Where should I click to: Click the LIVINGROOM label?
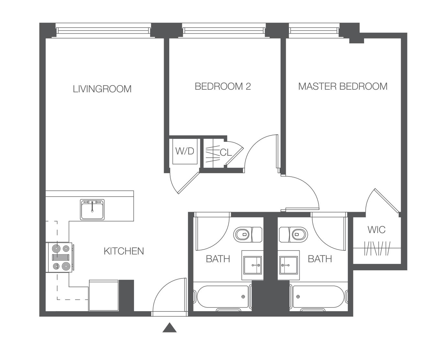[102, 89]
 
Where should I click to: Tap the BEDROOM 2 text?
[223, 86]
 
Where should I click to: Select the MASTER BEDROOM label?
[343, 86]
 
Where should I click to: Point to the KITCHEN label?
[124, 251]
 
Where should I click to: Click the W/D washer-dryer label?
[185, 151]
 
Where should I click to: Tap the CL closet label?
[226, 152]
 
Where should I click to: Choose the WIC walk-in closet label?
[376, 230]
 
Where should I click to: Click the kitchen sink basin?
[92, 209]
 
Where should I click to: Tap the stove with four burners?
[60, 257]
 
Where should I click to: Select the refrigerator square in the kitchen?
[104, 295]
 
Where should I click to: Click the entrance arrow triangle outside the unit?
[170, 327]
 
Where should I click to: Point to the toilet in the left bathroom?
[248, 235]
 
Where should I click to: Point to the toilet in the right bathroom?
[293, 234]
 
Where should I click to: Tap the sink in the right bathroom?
[289, 265]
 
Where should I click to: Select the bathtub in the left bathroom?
[223, 297]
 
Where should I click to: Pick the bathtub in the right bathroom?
[319, 297]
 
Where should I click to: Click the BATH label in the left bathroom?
[218, 259]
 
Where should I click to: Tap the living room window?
[103, 30]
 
